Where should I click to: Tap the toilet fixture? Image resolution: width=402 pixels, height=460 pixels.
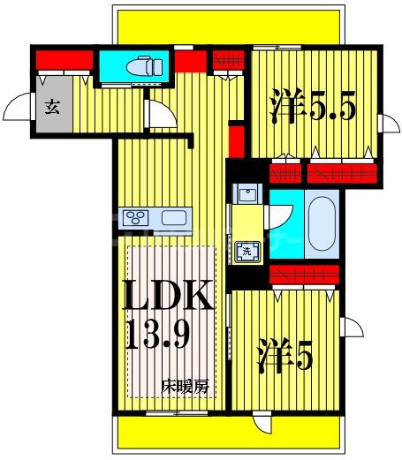(140, 66)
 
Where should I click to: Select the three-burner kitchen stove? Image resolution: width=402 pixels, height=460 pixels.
(138, 218)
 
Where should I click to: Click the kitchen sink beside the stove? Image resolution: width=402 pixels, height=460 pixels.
(172, 218)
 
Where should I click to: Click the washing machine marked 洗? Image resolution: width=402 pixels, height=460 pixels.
(248, 251)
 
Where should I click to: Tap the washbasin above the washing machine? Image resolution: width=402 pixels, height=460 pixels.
(247, 193)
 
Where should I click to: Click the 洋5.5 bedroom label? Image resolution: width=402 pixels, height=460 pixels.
(312, 109)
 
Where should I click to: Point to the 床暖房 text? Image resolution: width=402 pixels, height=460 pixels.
(185, 385)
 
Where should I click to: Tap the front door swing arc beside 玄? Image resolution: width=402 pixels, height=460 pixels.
(17, 110)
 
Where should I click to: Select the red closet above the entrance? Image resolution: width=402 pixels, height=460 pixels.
(64, 62)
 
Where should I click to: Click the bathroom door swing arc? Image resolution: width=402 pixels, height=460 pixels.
(281, 213)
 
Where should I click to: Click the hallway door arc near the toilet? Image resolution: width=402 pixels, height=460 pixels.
(160, 116)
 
